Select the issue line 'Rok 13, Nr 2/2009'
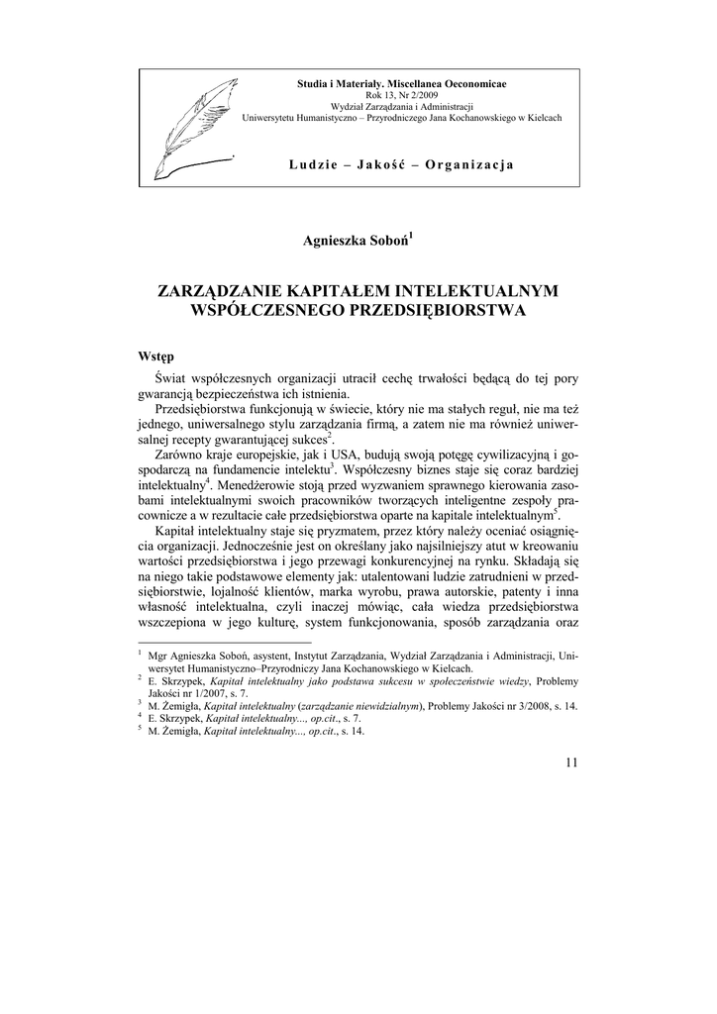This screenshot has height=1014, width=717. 401,94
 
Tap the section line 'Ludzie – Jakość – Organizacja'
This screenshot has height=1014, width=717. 401,163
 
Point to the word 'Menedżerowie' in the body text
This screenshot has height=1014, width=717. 261,485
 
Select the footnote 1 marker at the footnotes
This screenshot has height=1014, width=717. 140,654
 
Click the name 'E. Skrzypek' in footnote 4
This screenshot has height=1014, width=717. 171,718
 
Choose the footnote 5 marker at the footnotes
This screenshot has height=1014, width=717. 140,729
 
